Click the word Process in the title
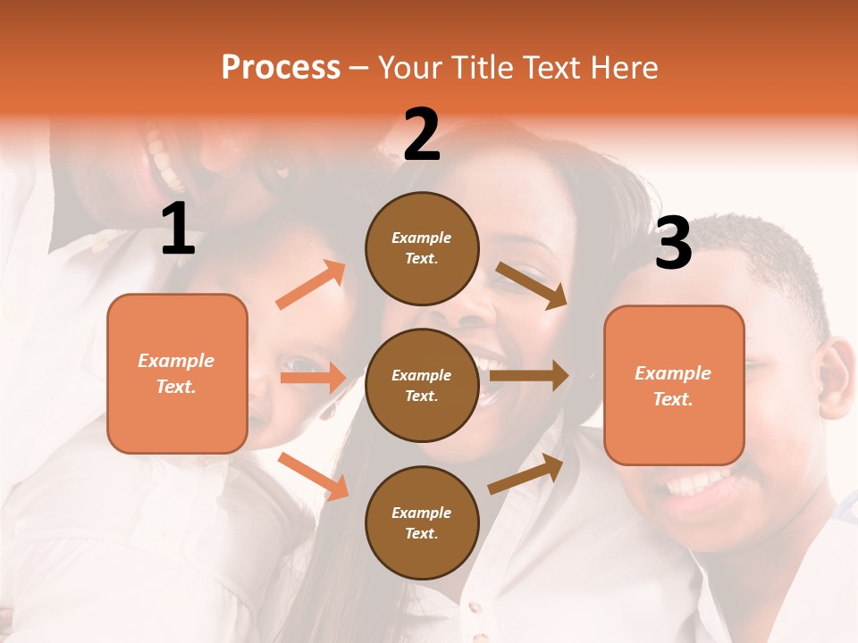(281, 68)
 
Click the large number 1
(178, 230)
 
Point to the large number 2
(422, 135)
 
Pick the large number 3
(673, 243)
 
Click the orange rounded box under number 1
(177, 373)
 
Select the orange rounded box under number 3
(674, 385)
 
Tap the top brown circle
(422, 248)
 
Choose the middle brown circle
(422, 385)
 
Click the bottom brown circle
(422, 522)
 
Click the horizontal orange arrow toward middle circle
(313, 378)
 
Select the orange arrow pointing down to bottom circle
(314, 475)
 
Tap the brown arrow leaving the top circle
(531, 285)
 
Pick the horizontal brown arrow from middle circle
(528, 375)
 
